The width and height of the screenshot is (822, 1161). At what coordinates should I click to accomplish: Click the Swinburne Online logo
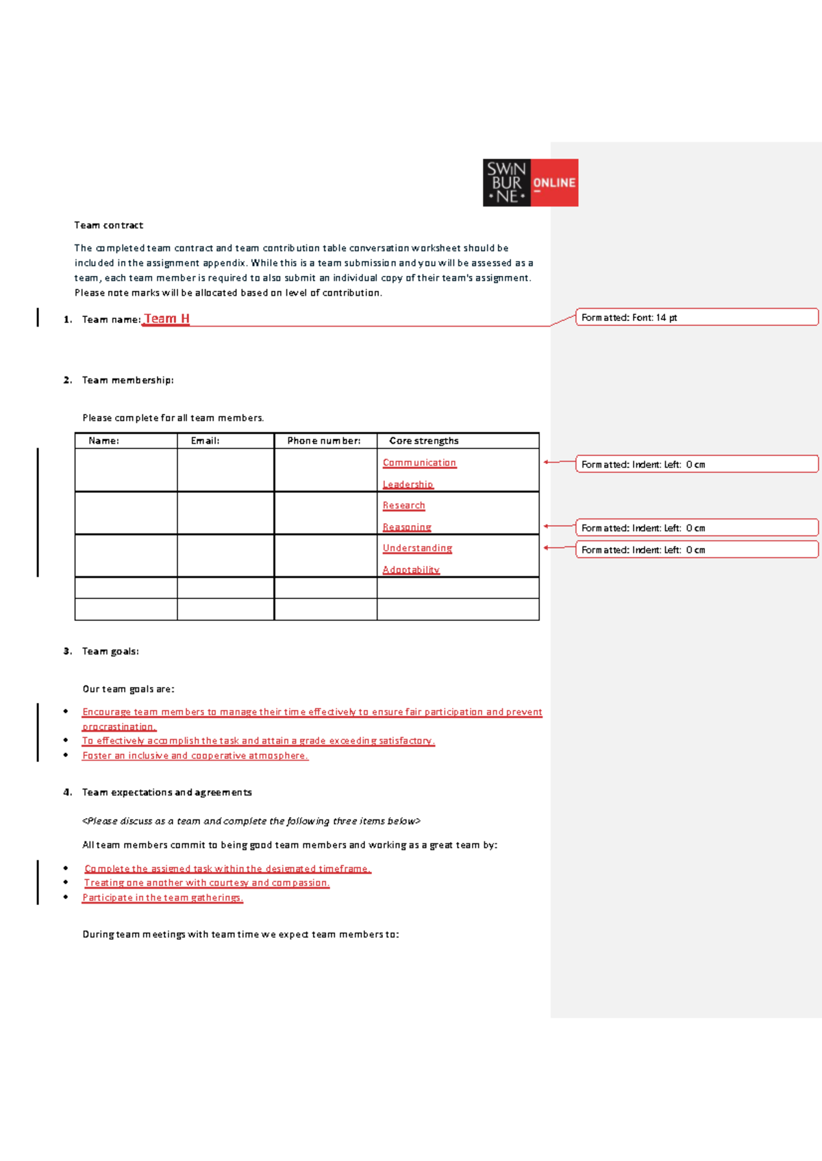point(530,183)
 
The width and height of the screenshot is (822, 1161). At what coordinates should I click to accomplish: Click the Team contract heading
point(108,225)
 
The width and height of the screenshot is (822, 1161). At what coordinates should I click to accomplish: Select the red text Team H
point(166,319)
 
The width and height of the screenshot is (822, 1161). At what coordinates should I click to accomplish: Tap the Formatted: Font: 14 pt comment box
point(696,317)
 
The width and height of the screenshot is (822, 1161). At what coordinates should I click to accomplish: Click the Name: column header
point(103,441)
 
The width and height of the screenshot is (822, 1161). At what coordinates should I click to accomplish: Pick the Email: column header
point(205,441)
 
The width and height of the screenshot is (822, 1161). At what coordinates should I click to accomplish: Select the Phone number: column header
point(323,441)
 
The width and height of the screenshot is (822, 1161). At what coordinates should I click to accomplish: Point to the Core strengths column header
point(423,441)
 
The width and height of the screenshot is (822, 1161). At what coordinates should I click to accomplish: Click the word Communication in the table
point(419,463)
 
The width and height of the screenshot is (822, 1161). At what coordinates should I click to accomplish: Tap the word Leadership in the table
point(408,485)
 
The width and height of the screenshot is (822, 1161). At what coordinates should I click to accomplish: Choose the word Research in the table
point(403,506)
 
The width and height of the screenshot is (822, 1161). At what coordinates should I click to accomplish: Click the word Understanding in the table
point(417,548)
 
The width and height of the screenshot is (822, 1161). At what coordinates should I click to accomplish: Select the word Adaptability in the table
point(410,570)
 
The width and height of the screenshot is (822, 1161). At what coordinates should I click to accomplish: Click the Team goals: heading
point(110,652)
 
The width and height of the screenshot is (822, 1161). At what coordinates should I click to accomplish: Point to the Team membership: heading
point(127,381)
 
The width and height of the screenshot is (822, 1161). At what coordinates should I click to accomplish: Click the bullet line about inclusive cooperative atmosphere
point(195,756)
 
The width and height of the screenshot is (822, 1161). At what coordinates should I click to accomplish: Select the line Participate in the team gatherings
point(162,898)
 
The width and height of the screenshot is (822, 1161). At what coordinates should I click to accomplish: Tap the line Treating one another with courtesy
point(206,883)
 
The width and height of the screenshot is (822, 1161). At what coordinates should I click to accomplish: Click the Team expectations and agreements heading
point(166,793)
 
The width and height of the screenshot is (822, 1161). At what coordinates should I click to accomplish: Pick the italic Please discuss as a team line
point(251,821)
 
